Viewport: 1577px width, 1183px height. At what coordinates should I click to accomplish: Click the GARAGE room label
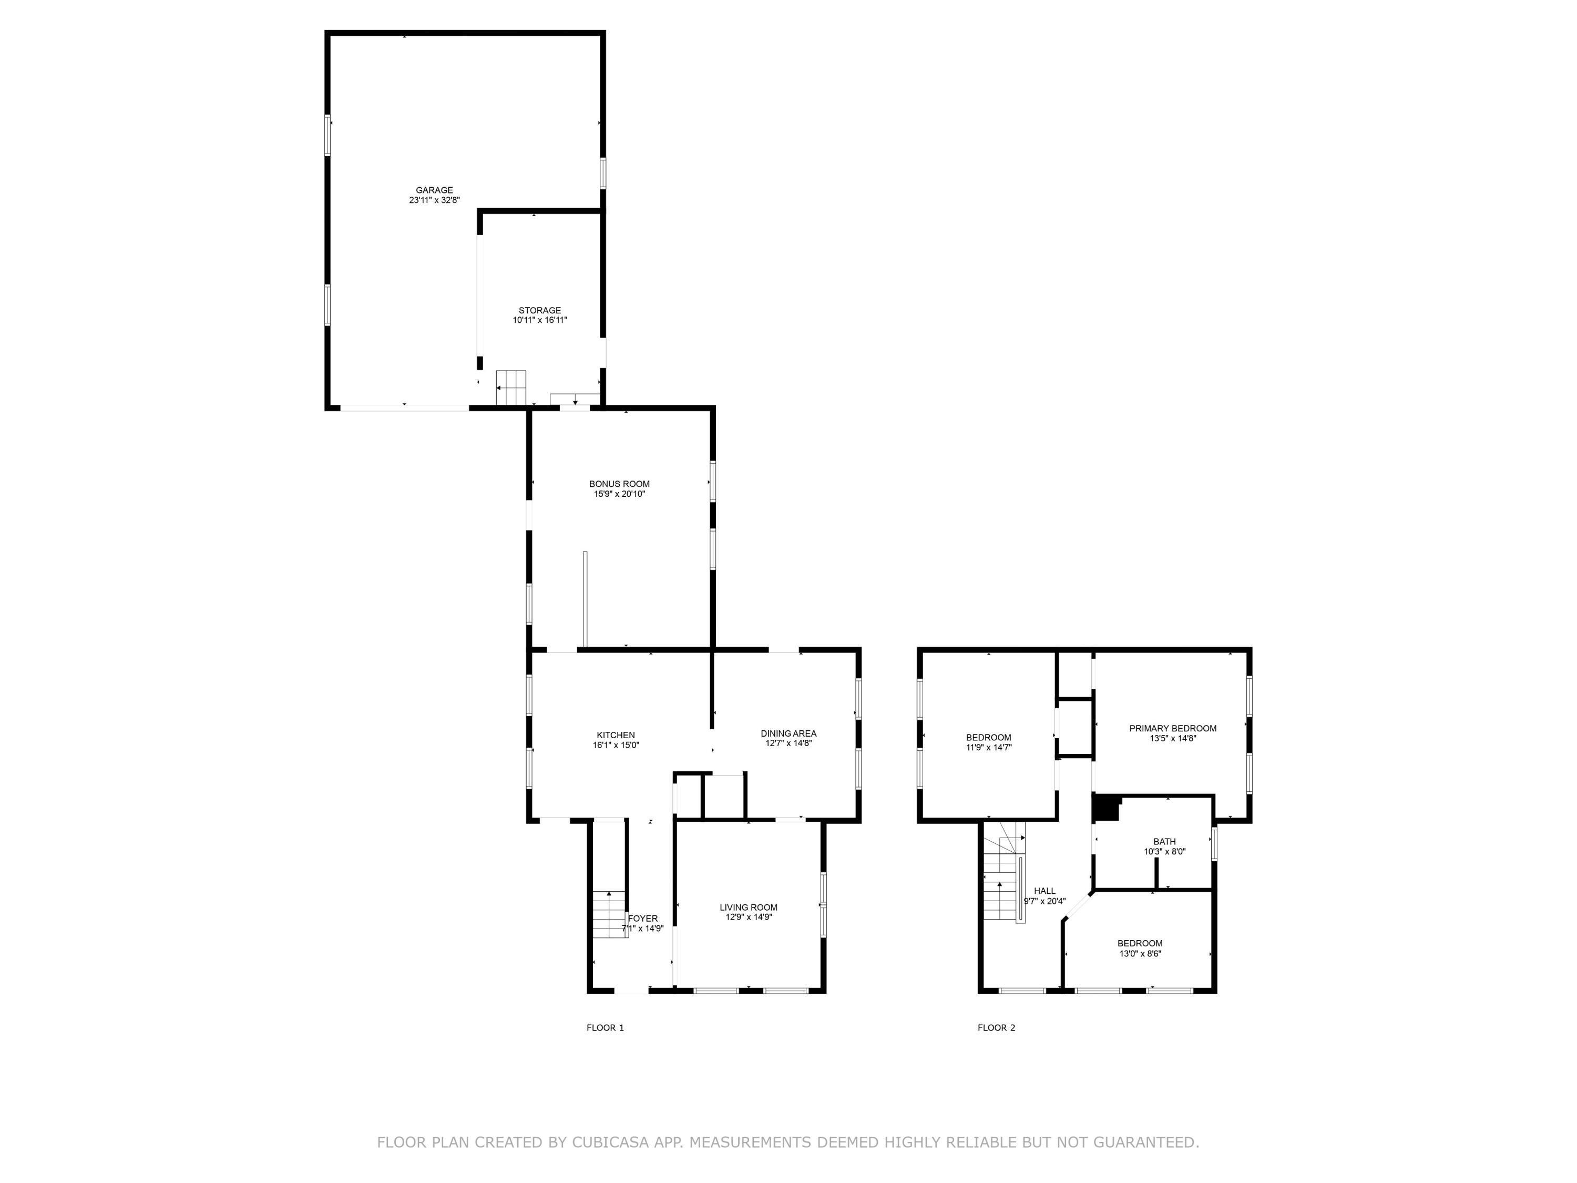coord(434,190)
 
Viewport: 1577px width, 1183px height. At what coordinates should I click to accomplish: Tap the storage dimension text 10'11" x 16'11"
coord(540,321)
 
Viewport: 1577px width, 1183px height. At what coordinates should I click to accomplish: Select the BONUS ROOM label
coord(619,484)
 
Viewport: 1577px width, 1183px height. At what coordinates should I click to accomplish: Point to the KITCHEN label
coord(615,735)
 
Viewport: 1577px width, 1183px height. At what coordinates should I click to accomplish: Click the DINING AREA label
coord(788,733)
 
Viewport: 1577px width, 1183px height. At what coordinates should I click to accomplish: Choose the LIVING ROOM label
coord(748,907)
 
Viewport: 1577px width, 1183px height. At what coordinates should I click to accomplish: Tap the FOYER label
coord(643,919)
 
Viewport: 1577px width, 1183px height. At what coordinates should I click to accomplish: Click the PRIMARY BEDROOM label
coord(1172,728)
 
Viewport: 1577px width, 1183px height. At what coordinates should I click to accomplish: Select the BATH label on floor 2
coord(1164,841)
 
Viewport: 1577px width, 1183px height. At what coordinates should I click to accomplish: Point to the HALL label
coord(1044,891)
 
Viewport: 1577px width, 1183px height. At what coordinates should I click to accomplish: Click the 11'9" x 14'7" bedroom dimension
coord(988,747)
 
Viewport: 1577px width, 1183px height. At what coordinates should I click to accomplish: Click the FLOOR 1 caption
coord(605,1027)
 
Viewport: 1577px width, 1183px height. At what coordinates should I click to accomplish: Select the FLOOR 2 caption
coord(996,1027)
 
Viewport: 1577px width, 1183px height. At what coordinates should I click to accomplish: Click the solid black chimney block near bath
coord(1105,809)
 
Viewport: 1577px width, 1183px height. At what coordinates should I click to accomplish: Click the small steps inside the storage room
coord(510,387)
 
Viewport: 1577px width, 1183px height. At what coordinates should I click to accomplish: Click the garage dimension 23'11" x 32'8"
coord(434,201)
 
